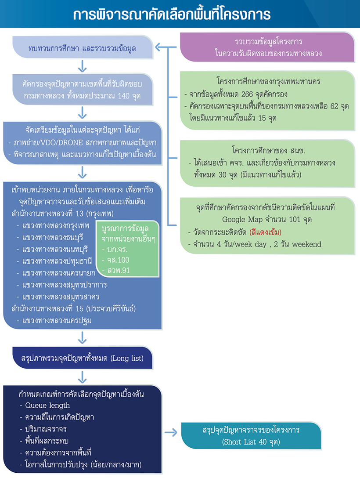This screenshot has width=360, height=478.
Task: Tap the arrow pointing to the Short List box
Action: click(171, 434)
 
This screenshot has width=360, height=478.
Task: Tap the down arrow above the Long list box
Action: click(82, 338)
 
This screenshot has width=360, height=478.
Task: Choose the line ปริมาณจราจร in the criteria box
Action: click(43, 429)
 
